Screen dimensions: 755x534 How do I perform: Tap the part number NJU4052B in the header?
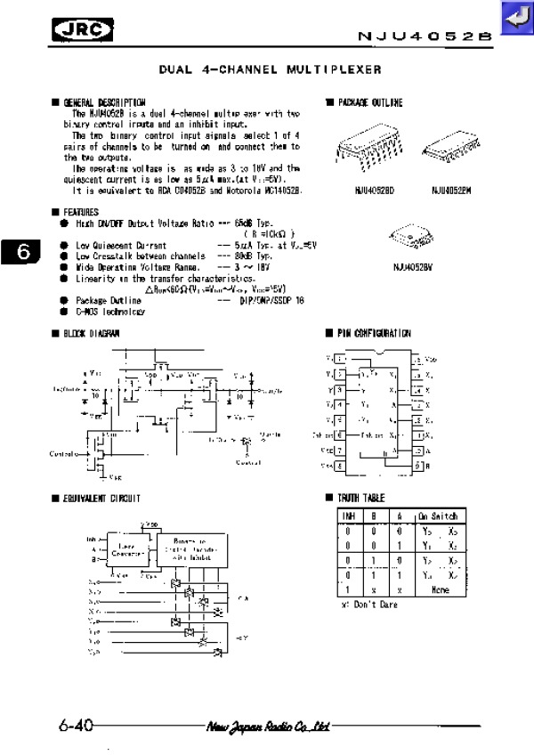pyautogui.click(x=425, y=37)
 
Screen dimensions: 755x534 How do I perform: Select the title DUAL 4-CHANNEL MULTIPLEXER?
pyautogui.click(x=270, y=69)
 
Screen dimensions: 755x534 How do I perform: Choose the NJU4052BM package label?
pyautogui.click(x=451, y=190)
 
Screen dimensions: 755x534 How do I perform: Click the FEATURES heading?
pyautogui.click(x=81, y=213)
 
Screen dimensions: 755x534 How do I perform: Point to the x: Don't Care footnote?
pyautogui.click(x=369, y=605)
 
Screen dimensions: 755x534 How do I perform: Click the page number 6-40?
pyautogui.click(x=76, y=726)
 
